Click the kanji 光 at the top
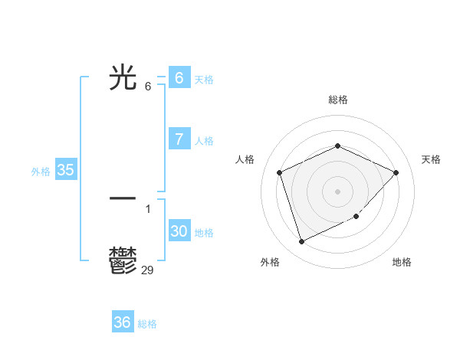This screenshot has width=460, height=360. (x=123, y=78)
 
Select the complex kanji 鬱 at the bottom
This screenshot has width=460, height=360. (x=123, y=260)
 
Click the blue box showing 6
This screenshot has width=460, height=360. (x=179, y=78)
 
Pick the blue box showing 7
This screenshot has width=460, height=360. (x=179, y=139)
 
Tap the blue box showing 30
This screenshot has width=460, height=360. (x=179, y=231)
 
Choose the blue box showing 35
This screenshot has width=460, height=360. (x=66, y=170)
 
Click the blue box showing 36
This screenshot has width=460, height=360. (x=123, y=322)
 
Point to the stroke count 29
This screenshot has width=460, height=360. (x=148, y=270)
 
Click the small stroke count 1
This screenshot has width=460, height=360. (x=148, y=208)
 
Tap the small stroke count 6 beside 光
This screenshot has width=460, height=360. (x=148, y=87)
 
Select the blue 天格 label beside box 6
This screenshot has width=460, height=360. (x=204, y=80)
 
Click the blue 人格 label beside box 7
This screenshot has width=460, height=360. (x=204, y=141)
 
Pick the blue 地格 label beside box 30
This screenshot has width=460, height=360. (x=204, y=233)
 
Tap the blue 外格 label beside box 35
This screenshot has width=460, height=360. (x=41, y=172)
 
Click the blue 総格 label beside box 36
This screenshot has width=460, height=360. (x=148, y=324)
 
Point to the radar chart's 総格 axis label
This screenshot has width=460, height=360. (x=338, y=100)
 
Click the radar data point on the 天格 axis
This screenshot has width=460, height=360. (x=396, y=172)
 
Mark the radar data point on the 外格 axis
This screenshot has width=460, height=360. (x=301, y=242)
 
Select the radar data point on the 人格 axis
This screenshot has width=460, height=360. (x=280, y=172)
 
